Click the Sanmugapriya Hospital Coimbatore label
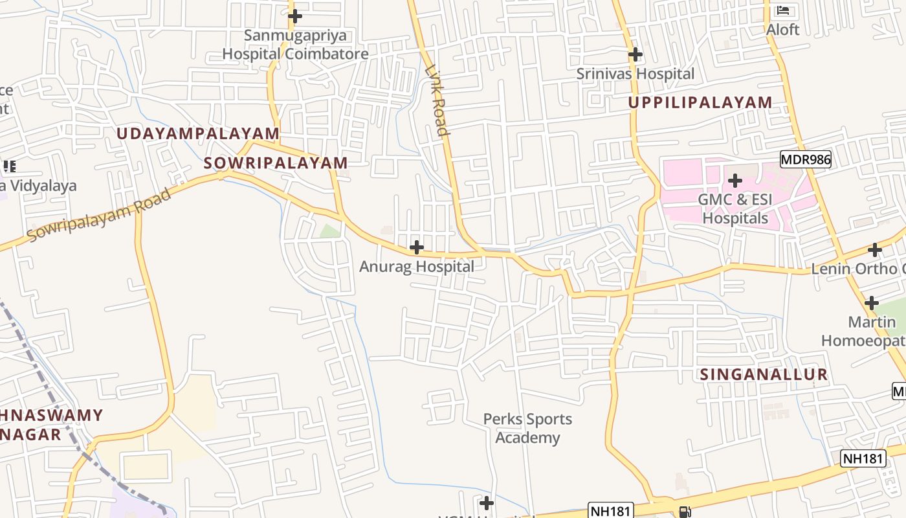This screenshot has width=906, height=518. pyautogui.click(x=295, y=45)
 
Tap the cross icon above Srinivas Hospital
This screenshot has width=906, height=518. pyautogui.click(x=635, y=54)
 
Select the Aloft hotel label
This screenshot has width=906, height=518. pyautogui.click(x=782, y=30)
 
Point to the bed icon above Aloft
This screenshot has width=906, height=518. pyautogui.click(x=783, y=10)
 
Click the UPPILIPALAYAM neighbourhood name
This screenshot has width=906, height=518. pyautogui.click(x=700, y=102)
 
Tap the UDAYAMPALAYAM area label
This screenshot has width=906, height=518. pyautogui.click(x=198, y=134)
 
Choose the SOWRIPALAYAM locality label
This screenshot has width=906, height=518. pyautogui.click(x=276, y=163)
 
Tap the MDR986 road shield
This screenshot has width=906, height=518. pyautogui.click(x=805, y=159)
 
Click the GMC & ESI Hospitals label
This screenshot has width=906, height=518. pyautogui.click(x=735, y=208)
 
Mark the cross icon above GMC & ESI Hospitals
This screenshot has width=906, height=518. pyautogui.click(x=735, y=180)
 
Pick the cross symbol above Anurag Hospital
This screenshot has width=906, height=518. pyautogui.click(x=417, y=247)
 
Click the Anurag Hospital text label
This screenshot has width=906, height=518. pyautogui.click(x=417, y=266)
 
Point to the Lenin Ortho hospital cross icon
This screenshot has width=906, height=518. pyautogui.click(x=875, y=250)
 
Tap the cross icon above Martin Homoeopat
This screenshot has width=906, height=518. pyautogui.click(x=872, y=302)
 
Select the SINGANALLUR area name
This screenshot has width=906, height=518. pyautogui.click(x=764, y=374)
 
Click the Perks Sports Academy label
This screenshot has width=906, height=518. pyautogui.click(x=527, y=428)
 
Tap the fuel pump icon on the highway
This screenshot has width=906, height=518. pyautogui.click(x=684, y=512)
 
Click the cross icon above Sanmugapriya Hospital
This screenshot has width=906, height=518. pyautogui.click(x=295, y=16)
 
